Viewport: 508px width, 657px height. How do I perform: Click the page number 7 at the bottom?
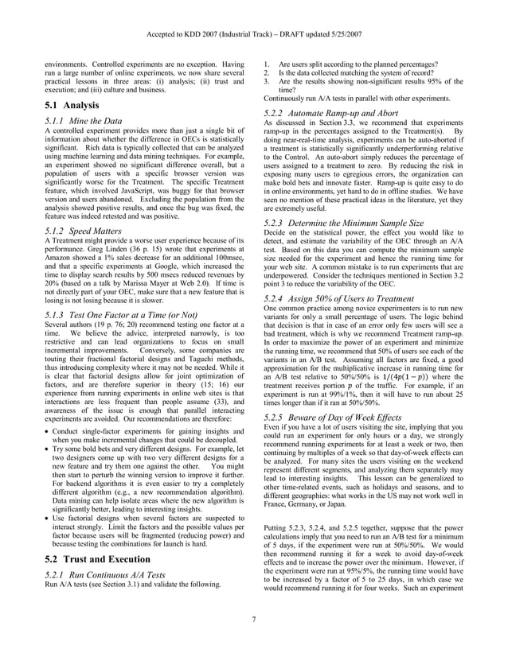(254, 642)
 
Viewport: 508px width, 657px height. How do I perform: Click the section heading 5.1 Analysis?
(71, 105)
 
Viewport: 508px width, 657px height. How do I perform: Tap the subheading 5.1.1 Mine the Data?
(83, 121)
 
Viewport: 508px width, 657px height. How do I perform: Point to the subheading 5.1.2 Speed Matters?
(80, 230)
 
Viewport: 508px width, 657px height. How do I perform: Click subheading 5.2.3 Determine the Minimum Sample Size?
(343, 224)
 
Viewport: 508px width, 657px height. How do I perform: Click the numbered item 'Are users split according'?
(358, 64)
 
